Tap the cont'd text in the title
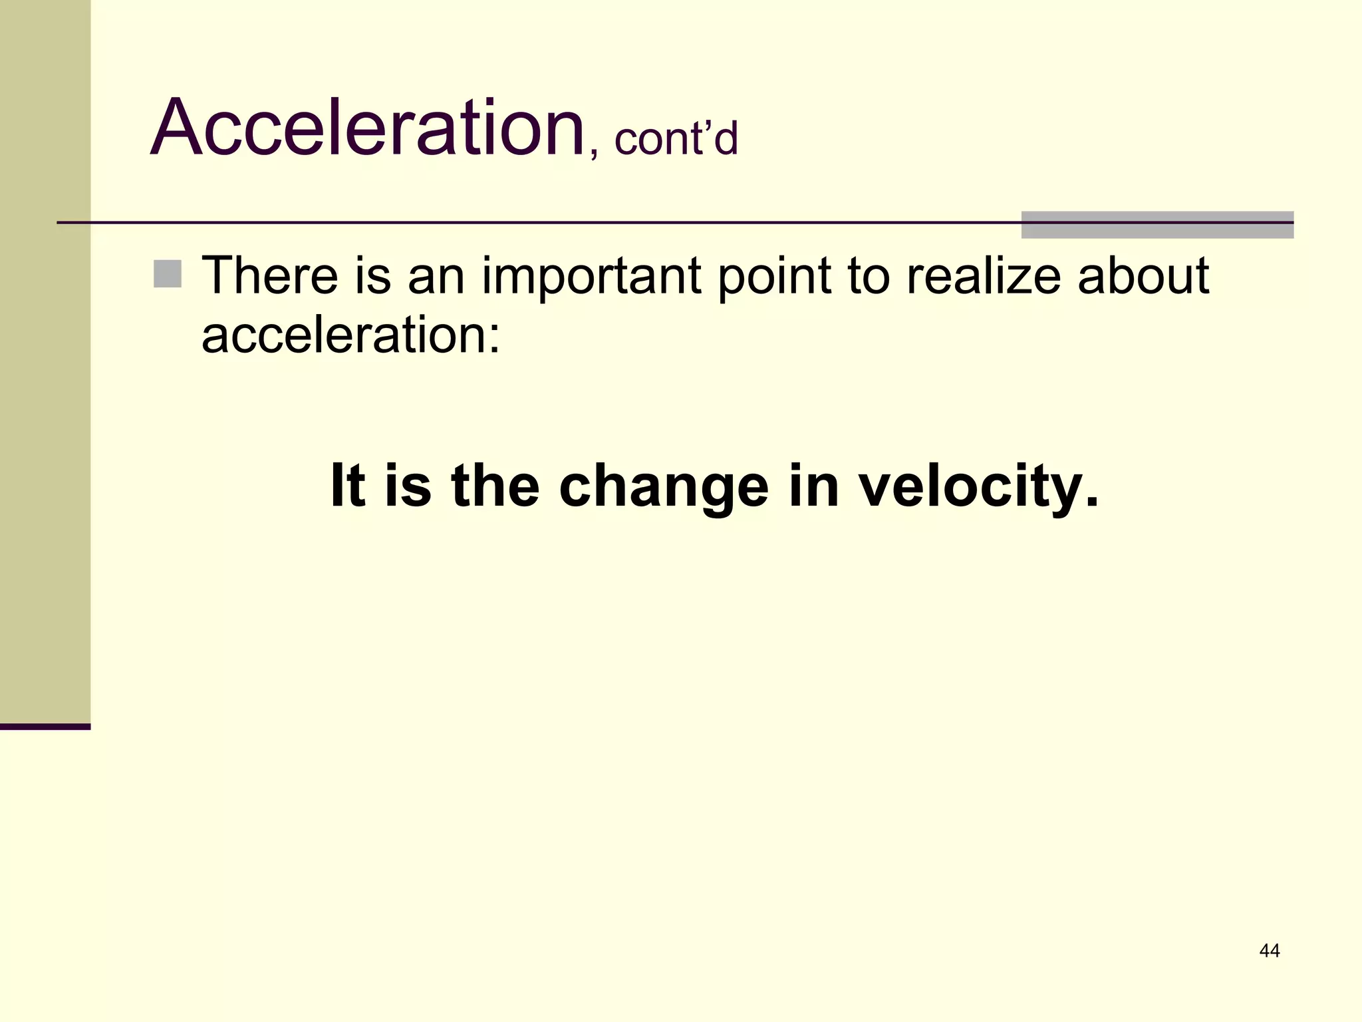pyautogui.click(x=676, y=140)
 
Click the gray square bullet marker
pyautogui.click(x=168, y=274)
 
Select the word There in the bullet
pyautogui.click(x=269, y=275)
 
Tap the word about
pyautogui.click(x=1143, y=275)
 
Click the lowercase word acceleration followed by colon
pyautogui.click(x=350, y=334)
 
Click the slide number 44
pyautogui.click(x=1269, y=951)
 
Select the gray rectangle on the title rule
pyautogui.click(x=1157, y=225)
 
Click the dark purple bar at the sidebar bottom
pyautogui.click(x=45, y=727)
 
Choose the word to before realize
pyautogui.click(x=868, y=277)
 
